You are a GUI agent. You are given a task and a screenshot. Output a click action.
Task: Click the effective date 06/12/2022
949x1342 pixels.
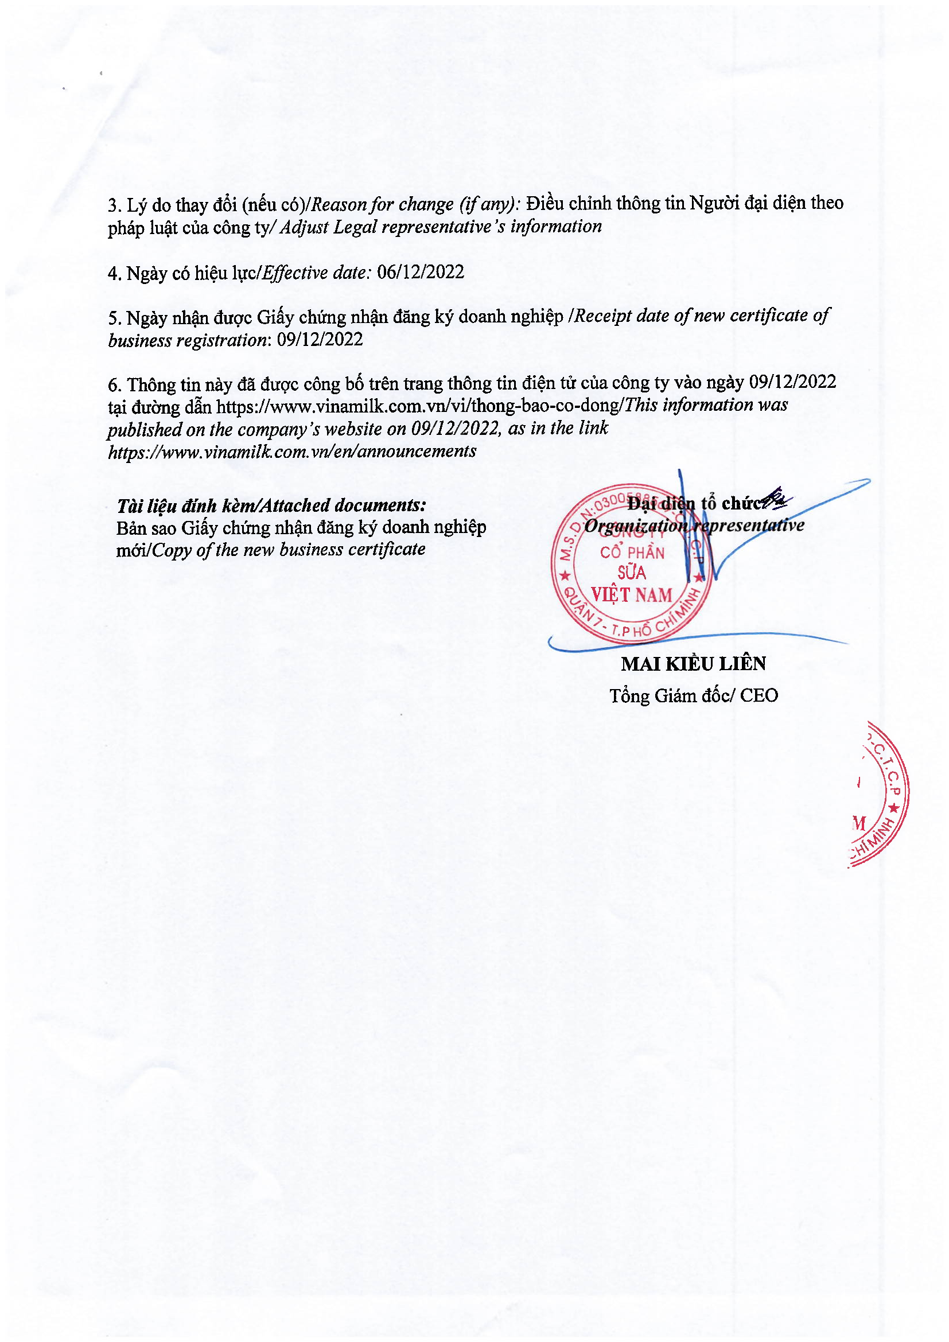point(420,273)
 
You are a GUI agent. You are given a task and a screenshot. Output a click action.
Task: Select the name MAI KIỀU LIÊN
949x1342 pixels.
point(693,664)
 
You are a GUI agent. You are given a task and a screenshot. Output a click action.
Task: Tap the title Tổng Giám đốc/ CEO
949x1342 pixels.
point(694,695)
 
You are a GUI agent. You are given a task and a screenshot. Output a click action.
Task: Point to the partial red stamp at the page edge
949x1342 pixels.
point(880,795)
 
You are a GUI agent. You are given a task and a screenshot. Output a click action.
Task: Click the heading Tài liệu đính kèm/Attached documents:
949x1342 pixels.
point(271,505)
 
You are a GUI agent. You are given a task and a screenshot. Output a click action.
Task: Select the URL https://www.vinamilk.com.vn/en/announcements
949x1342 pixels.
point(292,451)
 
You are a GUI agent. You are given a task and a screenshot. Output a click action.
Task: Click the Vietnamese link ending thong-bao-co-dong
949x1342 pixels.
point(417,406)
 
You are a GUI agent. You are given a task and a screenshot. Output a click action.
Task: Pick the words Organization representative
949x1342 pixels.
point(694,526)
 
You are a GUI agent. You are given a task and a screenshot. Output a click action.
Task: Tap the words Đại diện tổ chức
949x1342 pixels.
point(694,503)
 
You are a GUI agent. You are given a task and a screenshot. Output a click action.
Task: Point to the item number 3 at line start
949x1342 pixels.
point(113,206)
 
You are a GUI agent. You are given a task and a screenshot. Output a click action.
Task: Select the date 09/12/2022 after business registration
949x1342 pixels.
point(320,340)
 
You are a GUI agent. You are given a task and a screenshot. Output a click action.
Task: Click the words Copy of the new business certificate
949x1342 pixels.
point(288,550)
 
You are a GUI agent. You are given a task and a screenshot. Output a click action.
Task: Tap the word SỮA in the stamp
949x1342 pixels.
point(631,573)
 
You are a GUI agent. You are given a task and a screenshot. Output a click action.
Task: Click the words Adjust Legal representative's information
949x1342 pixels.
point(441,227)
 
